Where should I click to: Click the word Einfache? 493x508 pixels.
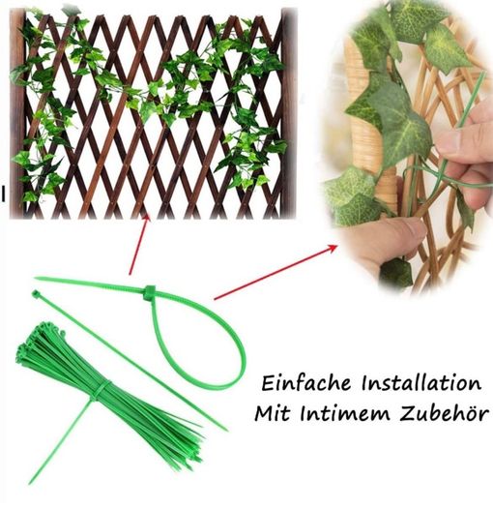coord(306,383)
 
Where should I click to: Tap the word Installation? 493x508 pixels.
coord(421,383)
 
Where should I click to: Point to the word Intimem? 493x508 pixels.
coord(345,413)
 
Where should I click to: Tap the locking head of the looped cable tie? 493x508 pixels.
coord(150,292)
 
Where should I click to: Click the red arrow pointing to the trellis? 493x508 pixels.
coord(139,244)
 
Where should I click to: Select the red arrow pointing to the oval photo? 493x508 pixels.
coord(275,272)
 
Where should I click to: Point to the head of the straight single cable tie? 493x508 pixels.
coord(36,294)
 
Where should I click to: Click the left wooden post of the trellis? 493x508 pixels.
coord(16,112)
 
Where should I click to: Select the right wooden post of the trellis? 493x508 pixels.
coord(288,112)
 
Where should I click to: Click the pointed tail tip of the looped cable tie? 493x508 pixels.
coord(36,278)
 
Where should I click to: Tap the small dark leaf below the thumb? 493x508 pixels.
coord(396,272)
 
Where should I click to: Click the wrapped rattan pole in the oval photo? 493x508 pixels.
coord(369,130)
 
